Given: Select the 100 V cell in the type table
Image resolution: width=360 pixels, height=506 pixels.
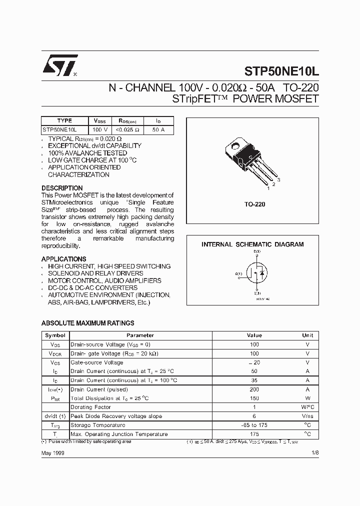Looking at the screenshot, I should tap(100, 129).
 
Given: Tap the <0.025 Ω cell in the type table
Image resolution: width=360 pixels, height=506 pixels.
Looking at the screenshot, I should tap(128, 129).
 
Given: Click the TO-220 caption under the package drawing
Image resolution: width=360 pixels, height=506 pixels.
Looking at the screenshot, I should tap(254, 204).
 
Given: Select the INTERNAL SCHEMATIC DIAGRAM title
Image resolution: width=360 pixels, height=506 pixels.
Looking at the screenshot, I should tap(252, 244).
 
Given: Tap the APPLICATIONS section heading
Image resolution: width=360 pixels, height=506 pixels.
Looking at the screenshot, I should tap(63, 259).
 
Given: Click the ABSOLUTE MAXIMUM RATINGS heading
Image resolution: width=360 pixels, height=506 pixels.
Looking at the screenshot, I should tap(87, 323).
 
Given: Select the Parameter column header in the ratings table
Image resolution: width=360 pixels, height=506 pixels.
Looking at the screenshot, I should tap(140, 335).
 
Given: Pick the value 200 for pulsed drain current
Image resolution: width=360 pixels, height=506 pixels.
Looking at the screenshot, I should tap(254, 389).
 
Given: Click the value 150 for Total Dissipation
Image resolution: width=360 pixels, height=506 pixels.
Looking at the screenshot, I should tap(254, 398).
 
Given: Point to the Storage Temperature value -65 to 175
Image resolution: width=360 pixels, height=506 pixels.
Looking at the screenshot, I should tap(254, 425).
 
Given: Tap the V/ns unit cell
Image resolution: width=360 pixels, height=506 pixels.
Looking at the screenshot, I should tap(307, 416).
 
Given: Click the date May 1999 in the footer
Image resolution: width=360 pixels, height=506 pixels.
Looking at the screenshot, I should tap(52, 452).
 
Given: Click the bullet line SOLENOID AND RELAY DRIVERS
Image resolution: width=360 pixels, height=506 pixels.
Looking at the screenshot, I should tap(95, 273).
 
